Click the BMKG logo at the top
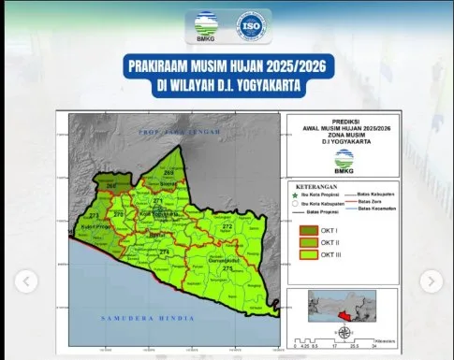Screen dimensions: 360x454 204,24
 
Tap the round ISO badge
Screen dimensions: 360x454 250,24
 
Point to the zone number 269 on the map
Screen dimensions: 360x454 169,173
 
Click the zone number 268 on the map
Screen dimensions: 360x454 111,186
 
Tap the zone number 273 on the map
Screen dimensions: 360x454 94,216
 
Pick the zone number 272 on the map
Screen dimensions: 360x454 227,226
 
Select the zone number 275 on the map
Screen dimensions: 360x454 227,268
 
